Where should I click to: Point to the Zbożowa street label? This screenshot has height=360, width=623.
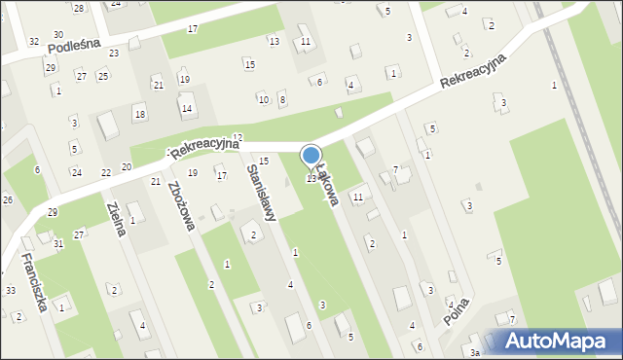click(x=182, y=205)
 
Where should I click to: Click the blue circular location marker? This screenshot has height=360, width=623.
click(x=311, y=156)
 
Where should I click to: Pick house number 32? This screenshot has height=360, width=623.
click(x=34, y=42)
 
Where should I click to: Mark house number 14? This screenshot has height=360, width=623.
click(x=186, y=108)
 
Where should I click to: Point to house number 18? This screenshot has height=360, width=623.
click(x=140, y=115)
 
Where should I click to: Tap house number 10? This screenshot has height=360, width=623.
click(x=263, y=99)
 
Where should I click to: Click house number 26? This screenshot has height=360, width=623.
click(x=7, y=199)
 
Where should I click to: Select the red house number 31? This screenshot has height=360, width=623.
click(x=58, y=243)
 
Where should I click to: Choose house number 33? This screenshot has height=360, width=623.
click(x=10, y=291)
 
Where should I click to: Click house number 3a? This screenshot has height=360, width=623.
click(x=475, y=352)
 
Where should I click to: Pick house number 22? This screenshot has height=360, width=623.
click(x=106, y=172)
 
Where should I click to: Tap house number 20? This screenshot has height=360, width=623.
click(x=127, y=167)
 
